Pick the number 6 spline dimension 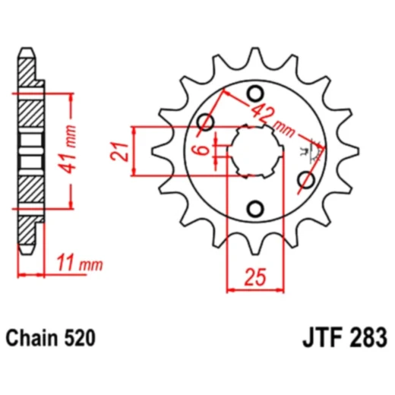[202, 150]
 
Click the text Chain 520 [52, 337]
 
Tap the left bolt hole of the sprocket [204, 123]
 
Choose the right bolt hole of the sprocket [306, 179]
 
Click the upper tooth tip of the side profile [30, 52]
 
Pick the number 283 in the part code [370, 337]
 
